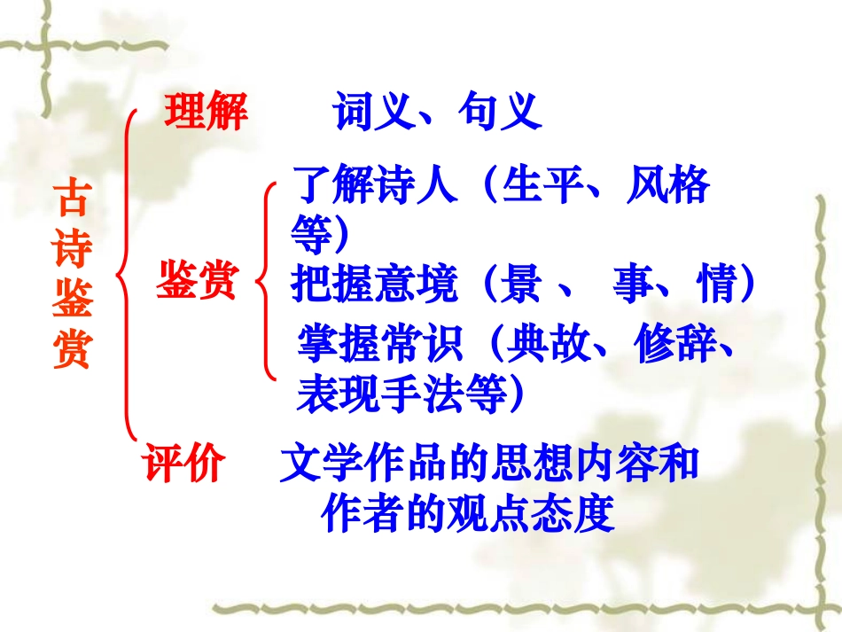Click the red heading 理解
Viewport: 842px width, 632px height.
point(206,114)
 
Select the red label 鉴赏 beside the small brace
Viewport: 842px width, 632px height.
point(197,282)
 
